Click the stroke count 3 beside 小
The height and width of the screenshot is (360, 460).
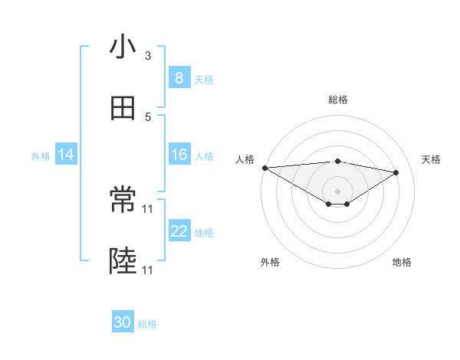(x=148, y=56)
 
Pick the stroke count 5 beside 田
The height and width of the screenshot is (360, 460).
(x=148, y=116)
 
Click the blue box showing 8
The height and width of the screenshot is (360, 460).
(x=179, y=77)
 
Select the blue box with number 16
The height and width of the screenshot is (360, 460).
(x=179, y=155)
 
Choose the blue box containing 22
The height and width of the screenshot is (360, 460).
(x=179, y=231)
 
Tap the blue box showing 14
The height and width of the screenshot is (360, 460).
(x=66, y=155)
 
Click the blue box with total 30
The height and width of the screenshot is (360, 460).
(x=123, y=322)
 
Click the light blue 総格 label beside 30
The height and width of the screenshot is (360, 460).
(x=147, y=324)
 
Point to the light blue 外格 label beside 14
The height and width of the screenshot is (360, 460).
(x=41, y=156)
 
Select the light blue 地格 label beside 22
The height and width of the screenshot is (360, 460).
(x=204, y=233)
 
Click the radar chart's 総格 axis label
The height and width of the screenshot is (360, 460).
(x=338, y=100)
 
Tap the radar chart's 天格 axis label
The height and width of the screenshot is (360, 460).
(x=432, y=159)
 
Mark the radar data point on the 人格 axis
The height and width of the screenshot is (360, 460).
(x=264, y=168)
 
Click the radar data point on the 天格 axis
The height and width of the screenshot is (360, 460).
(x=396, y=172)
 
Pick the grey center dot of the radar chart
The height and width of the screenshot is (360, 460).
(x=338, y=191)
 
